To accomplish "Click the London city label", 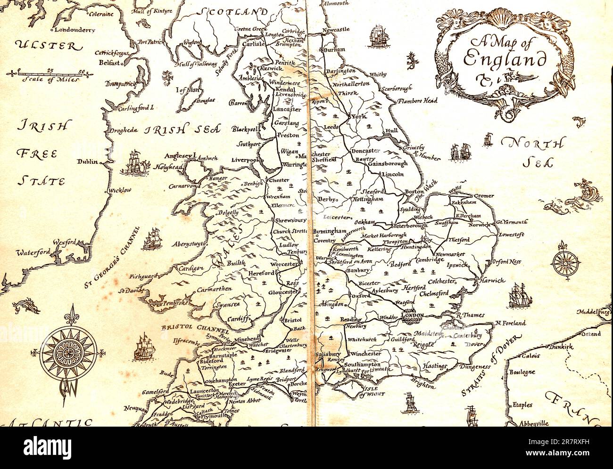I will pos(413,315).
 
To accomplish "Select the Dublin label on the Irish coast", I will pos(88,162).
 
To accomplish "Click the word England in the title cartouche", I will pos(504,59).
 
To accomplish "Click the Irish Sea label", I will pos(182,130).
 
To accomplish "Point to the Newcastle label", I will pos(336,30).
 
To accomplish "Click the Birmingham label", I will pos(330,231).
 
